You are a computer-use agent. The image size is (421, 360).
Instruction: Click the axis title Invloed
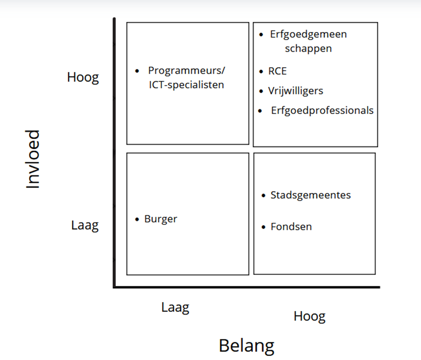coord(33,160)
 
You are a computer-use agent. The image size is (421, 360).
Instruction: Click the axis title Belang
coord(246,346)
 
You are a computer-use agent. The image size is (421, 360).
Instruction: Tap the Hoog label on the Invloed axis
coord(83,77)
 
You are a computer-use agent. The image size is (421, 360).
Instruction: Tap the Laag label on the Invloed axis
coord(85,225)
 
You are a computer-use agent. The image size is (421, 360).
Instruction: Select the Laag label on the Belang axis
coord(175,307)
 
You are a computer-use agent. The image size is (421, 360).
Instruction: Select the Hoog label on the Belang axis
coord(309,316)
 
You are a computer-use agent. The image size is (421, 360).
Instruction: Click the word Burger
coord(160,219)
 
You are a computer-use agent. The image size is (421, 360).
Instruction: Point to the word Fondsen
coord(291,227)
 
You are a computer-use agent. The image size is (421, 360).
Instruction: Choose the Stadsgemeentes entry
coord(311,195)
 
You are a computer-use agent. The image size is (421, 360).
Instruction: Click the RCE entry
coord(277,71)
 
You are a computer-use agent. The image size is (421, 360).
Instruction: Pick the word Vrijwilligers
coord(295,91)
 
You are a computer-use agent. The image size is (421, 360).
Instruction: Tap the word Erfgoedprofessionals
coord(322,110)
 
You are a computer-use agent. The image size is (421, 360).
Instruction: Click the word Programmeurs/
coord(187,71)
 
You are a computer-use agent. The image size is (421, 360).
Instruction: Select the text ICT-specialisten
coord(186,84)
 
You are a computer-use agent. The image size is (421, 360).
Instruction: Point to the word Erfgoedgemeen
coord(308,34)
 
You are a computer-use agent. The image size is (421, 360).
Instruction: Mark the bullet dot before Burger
coord(137,219)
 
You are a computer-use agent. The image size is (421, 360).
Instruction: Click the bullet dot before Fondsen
coord(263,227)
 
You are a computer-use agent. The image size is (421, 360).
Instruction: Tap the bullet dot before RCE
coord(261,71)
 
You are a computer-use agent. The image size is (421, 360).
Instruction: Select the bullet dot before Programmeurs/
coord(138,71)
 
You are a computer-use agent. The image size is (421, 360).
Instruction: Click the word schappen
coord(308,48)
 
